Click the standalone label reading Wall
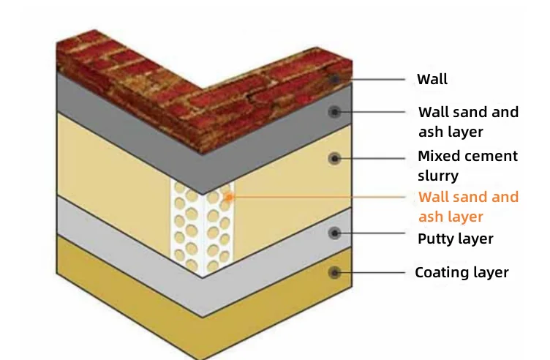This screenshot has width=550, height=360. click(432, 79)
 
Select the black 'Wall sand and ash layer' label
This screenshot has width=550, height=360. click(468, 121)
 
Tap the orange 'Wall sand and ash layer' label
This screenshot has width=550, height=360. click(468, 206)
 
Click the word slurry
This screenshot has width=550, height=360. click(437, 176)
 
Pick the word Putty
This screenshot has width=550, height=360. click(436, 239)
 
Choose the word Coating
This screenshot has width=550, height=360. click(440, 272)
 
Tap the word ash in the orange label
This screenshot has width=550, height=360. click(430, 217)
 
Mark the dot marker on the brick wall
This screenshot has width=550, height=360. click(335, 79)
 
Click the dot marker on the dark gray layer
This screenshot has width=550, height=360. click(335, 112)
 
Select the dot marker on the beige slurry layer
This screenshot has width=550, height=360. click(335, 157)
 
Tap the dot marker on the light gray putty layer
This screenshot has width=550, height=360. click(335, 233)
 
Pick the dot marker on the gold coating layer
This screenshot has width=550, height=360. click(335, 272)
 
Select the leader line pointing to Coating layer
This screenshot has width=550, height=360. click(373, 272)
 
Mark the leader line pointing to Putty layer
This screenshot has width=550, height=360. click(373, 233)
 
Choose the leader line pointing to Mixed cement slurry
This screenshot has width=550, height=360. click(373, 157)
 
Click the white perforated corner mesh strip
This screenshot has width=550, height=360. click(201, 227)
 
